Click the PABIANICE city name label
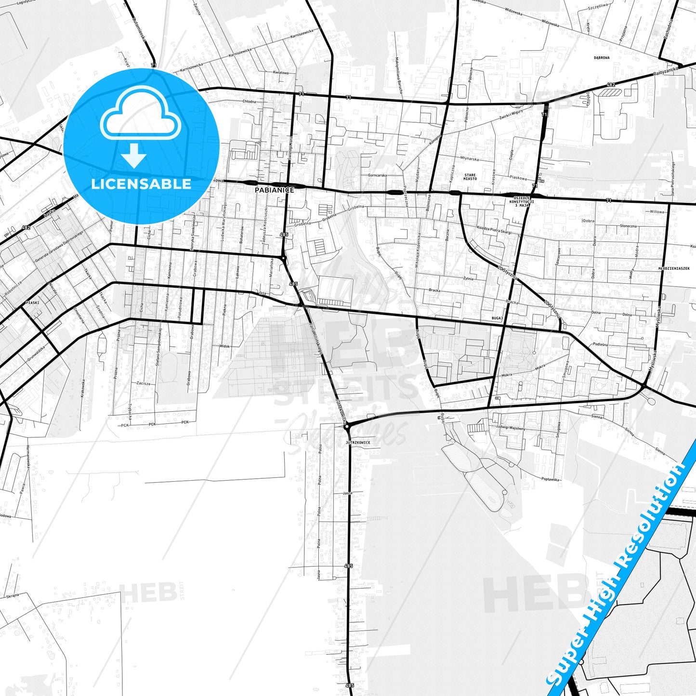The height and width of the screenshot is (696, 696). (275, 190)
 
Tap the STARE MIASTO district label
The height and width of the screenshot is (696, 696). (470, 177)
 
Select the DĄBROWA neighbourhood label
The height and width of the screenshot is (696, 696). (602, 58)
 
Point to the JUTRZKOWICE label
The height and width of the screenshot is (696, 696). (358, 442)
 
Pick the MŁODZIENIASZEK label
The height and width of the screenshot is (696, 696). (674, 268)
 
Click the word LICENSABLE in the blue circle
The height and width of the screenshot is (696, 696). (141, 184)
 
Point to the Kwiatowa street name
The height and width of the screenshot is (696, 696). (280, 73)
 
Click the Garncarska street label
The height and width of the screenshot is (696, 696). (377, 175)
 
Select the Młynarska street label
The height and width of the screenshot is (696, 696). (469, 158)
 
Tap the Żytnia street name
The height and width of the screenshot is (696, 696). (468, 278)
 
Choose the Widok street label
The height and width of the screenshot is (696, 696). (224, 346)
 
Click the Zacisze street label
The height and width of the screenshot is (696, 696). (143, 383)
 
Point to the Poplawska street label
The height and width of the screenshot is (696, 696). (550, 479)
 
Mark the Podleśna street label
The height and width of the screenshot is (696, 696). (600, 344)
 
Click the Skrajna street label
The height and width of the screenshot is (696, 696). (13, 596)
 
